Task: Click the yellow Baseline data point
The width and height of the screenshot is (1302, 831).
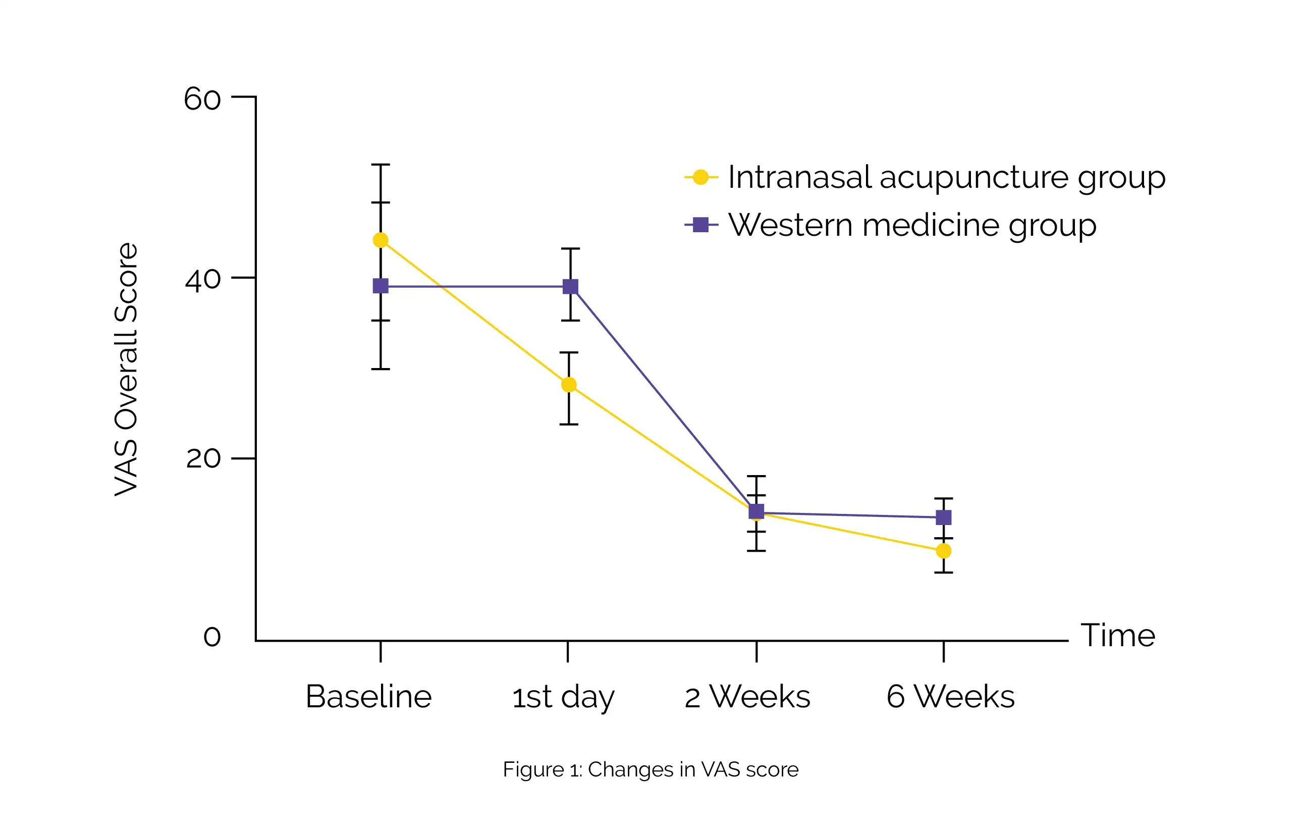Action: tap(381, 240)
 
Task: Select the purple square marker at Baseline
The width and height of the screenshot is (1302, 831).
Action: tap(381, 286)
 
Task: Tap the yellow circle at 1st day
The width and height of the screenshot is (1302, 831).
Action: tap(569, 385)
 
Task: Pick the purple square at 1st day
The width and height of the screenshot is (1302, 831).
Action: tap(570, 287)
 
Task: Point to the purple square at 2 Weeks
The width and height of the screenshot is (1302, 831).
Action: tap(756, 511)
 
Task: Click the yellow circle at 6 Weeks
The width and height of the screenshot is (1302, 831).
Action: tap(944, 551)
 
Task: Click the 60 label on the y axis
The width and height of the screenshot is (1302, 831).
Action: tap(203, 99)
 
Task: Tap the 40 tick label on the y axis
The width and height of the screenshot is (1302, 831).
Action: tap(203, 280)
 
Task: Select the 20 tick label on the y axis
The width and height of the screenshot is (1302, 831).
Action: tap(203, 459)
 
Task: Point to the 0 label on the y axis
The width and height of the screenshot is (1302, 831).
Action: tap(212, 637)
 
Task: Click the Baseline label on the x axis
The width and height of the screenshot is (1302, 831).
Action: tap(369, 696)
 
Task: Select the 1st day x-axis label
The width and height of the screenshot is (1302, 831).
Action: tap(563, 697)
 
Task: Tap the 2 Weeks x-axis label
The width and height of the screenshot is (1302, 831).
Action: tap(747, 696)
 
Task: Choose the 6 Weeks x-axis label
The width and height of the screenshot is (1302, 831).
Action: tap(951, 696)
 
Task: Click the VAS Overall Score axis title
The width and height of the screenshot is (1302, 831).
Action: tap(127, 369)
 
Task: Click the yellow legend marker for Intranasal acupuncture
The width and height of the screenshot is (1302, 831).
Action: tap(701, 177)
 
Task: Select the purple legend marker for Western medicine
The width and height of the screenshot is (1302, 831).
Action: tap(701, 225)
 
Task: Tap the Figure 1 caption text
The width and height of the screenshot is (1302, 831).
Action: tap(650, 769)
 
